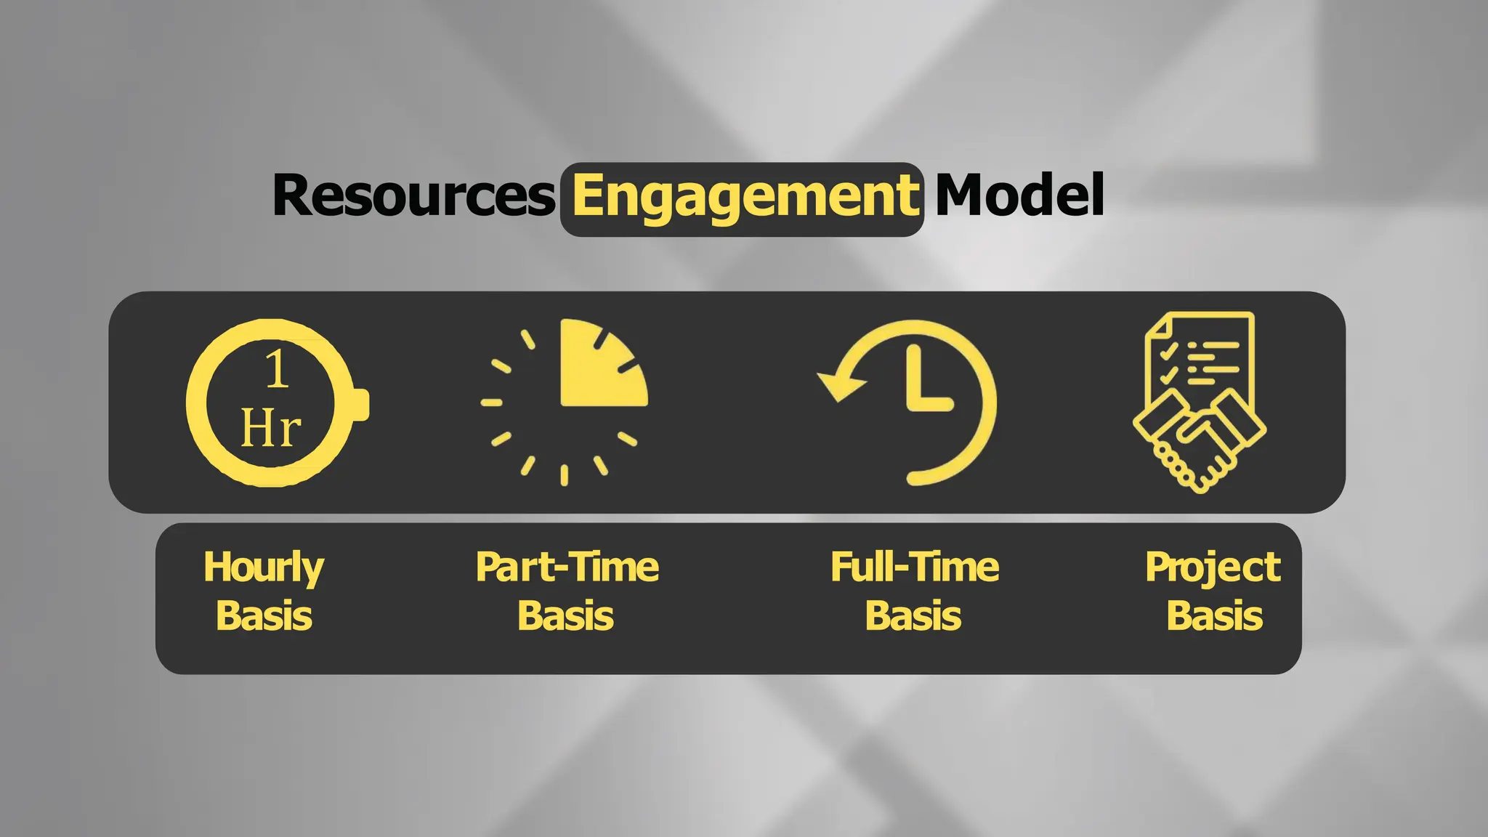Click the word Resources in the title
click(413, 196)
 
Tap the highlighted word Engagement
click(743, 198)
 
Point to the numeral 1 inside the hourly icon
click(276, 369)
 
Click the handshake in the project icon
click(1199, 440)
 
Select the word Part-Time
click(567, 567)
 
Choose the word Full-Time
click(915, 567)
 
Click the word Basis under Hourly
click(264, 616)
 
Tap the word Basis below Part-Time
click(565, 616)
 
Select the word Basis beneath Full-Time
click(913, 616)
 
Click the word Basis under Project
click(1215, 616)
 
